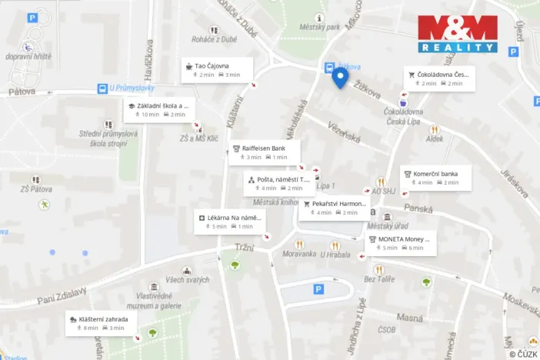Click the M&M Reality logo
tap(458, 34)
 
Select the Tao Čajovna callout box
tap(218, 70)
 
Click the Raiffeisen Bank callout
tap(264, 152)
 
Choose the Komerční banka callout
tap(435, 178)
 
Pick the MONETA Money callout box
tap(401, 243)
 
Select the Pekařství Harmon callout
tap(334, 208)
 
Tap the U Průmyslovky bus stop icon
tap(102, 88)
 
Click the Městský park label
tap(322, 27)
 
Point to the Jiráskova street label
tap(513, 184)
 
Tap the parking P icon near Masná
tap(319, 289)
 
